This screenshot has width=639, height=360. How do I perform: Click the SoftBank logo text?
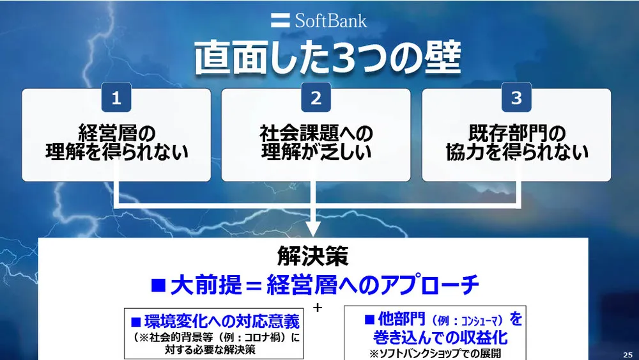pyautogui.click(x=330, y=20)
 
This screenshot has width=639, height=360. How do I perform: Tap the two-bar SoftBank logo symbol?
pyautogui.click(x=281, y=20)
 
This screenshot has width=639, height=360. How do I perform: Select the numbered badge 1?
pyautogui.click(x=116, y=98)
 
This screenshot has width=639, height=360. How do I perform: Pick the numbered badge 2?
pyautogui.click(x=316, y=98)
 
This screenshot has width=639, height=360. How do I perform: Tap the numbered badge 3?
pyautogui.click(x=516, y=98)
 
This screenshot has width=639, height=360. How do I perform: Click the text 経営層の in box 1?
pyautogui.click(x=116, y=134)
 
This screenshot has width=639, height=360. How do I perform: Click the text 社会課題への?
pyautogui.click(x=316, y=134)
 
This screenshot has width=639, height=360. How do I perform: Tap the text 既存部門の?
pyautogui.click(x=516, y=134)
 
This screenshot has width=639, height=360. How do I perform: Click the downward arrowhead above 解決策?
pyautogui.click(x=314, y=228)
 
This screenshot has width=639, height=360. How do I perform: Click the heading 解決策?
pyautogui.click(x=313, y=256)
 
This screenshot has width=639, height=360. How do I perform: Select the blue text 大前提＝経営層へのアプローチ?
pyautogui.click(x=314, y=285)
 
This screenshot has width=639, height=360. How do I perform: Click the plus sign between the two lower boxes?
pyautogui.click(x=318, y=308)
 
